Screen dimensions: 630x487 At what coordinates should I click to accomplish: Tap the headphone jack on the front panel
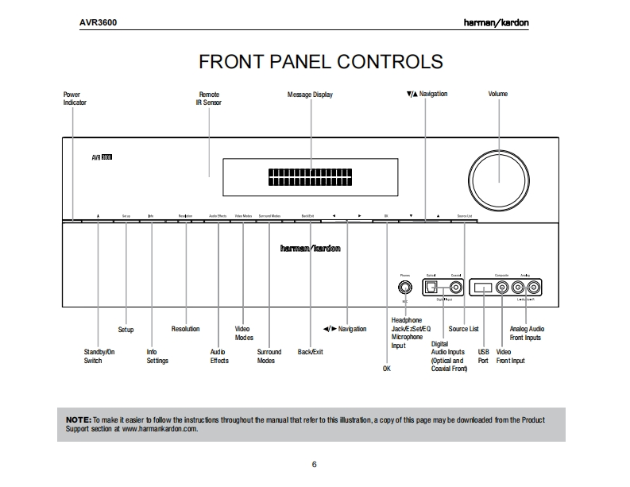[x=405, y=288]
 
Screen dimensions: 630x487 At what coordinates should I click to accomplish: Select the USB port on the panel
[x=481, y=288]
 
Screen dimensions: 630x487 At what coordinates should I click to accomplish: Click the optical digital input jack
[x=431, y=288]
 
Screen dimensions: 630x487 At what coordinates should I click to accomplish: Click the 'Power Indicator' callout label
[x=75, y=99]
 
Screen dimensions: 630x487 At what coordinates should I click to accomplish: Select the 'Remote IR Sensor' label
[x=209, y=99]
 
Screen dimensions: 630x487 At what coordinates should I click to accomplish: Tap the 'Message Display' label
[x=310, y=95]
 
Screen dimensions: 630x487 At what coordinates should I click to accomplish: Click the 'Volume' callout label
[x=497, y=94]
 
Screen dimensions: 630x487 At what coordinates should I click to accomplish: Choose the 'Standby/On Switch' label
[x=94, y=356]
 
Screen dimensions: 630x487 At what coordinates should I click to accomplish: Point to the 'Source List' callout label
[x=463, y=329]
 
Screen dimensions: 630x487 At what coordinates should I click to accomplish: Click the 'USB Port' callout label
[x=483, y=356]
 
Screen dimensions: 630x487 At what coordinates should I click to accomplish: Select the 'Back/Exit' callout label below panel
[x=311, y=351]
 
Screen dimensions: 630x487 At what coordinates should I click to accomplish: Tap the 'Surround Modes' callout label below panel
[x=269, y=356]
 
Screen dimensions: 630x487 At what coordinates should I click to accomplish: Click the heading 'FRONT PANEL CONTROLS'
[x=320, y=61]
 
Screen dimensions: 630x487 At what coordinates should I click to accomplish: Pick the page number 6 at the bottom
[x=315, y=464]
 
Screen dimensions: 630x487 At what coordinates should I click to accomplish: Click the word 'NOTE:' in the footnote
[x=79, y=419]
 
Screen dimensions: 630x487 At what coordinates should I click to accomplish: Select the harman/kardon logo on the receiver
[x=311, y=249]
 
